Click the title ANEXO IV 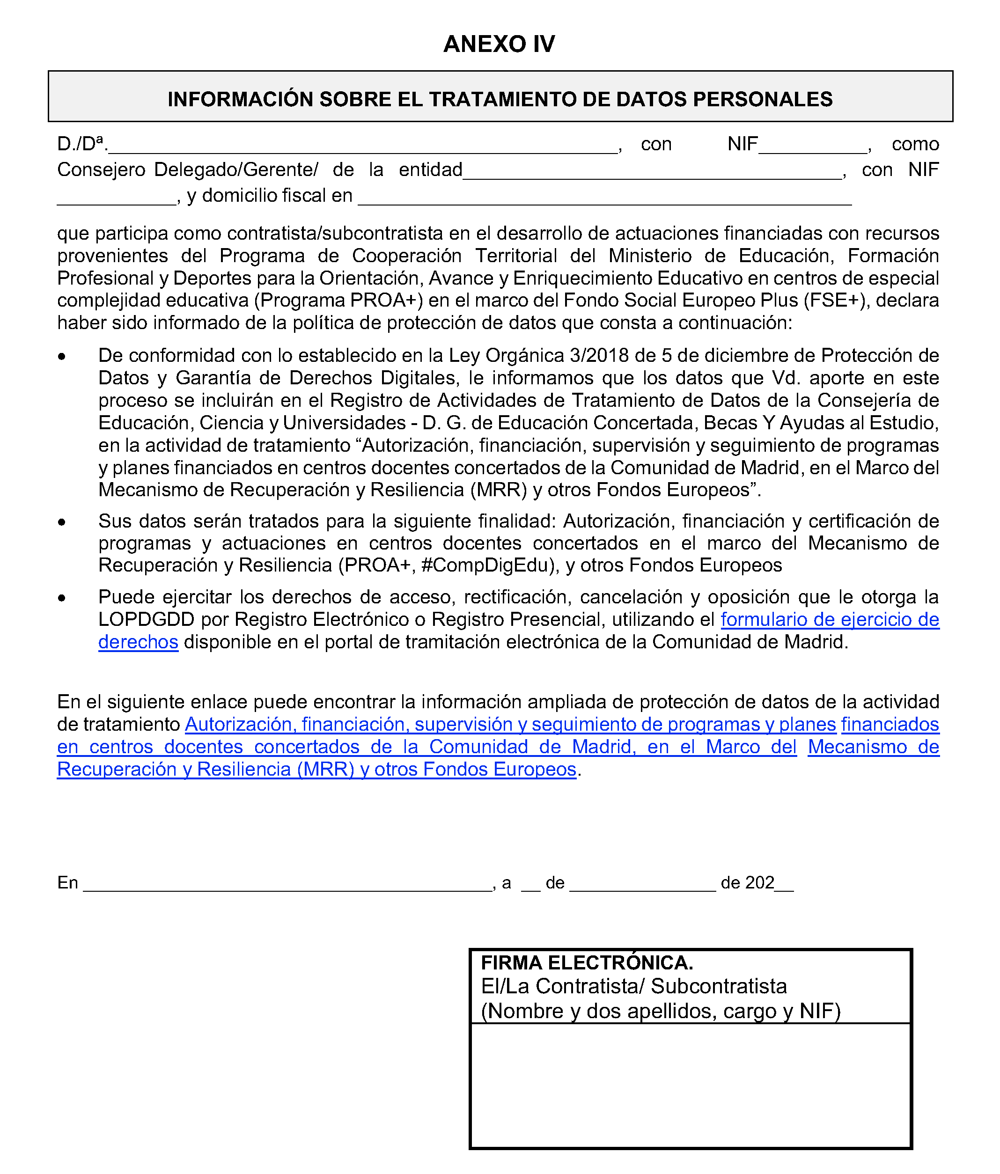pos(499,44)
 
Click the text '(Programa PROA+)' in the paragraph pos(338,301)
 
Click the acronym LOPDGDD pos(146,619)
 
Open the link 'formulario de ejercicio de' pos(830,619)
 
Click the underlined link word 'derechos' pos(138,642)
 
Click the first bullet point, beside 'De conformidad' pos(62,356)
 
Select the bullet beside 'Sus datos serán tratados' pos(62,522)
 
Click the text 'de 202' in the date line pos(747,883)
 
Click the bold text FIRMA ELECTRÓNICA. pos(587,963)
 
